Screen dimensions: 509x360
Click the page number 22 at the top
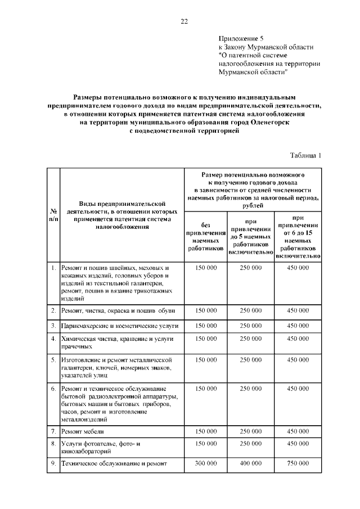[184, 22]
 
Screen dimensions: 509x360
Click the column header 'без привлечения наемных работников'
[205, 236]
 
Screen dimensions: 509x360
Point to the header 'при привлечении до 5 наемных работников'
[250, 237]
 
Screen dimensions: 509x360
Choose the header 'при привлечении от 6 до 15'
[298, 236]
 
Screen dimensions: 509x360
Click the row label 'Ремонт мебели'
[85, 431]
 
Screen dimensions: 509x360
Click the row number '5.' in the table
[52, 359]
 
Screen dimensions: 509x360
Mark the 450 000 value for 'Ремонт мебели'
[298, 431]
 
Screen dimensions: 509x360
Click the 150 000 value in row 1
[205, 268]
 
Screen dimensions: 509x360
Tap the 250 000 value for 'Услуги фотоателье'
[251, 444]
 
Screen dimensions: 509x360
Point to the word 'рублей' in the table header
[253, 206]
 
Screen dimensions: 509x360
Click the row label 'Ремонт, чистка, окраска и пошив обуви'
[118, 310]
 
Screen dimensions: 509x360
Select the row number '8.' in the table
[52, 444]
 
